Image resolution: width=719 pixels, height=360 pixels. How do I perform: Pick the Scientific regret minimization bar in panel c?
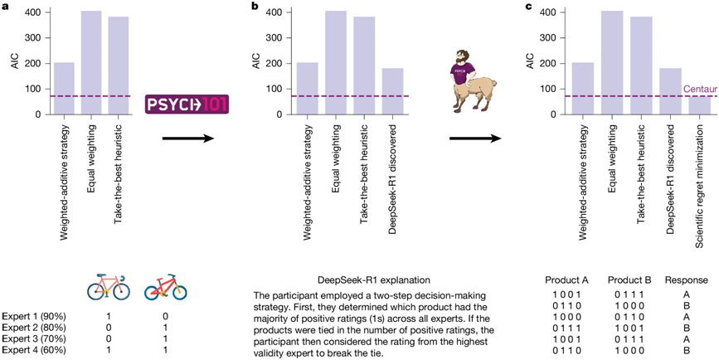pyautogui.click(x=700, y=105)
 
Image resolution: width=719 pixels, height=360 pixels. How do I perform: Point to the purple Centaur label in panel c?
pyautogui.click(x=698, y=89)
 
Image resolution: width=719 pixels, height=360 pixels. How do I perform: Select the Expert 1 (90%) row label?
pyautogui.click(x=34, y=316)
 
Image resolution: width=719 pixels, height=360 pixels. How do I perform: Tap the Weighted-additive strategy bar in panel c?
pyautogui.click(x=582, y=88)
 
